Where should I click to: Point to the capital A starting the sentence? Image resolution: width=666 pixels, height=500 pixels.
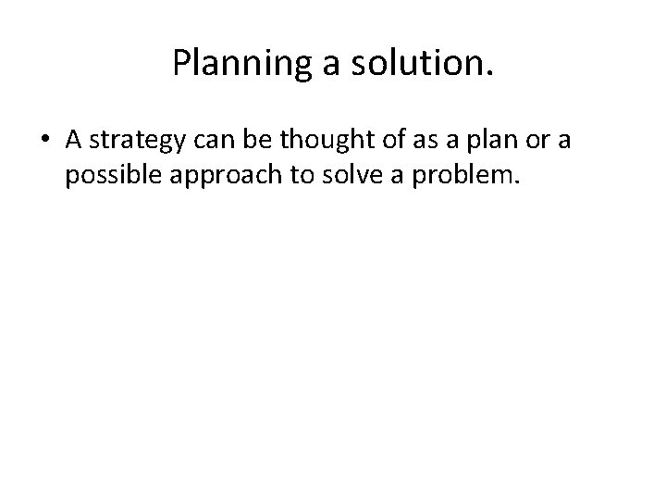coord(75,139)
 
